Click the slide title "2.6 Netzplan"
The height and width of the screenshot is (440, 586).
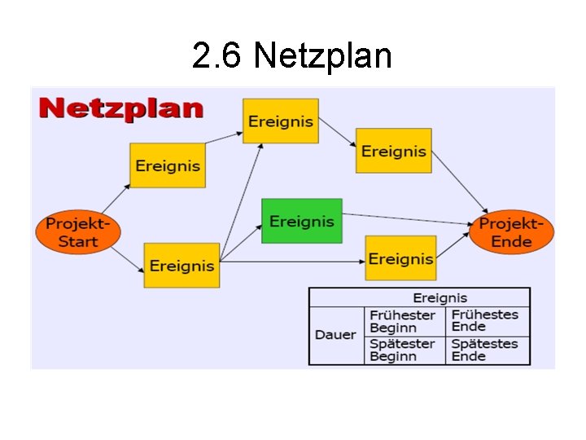292,56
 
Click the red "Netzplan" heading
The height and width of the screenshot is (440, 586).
121,108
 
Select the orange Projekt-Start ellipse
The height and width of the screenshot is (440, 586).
78,231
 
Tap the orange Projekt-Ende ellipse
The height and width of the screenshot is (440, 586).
511,231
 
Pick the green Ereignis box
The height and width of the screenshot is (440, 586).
301,221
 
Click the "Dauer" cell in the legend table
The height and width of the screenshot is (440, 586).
335,335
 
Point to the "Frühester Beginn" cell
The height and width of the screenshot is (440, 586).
403,321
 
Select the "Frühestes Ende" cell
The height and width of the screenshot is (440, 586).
485,320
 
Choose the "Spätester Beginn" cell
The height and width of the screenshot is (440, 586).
403,350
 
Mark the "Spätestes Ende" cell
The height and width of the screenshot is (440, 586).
485,350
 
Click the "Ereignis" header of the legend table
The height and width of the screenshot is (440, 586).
439,297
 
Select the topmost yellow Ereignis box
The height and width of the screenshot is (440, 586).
280,121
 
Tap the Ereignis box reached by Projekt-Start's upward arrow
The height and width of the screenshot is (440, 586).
167,165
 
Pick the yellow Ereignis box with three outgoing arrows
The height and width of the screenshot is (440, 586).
181,265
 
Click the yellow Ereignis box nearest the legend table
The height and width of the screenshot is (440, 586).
400,258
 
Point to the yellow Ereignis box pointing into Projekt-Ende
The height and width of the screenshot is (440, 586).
393,151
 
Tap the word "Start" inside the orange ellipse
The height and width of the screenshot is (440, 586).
78,241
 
